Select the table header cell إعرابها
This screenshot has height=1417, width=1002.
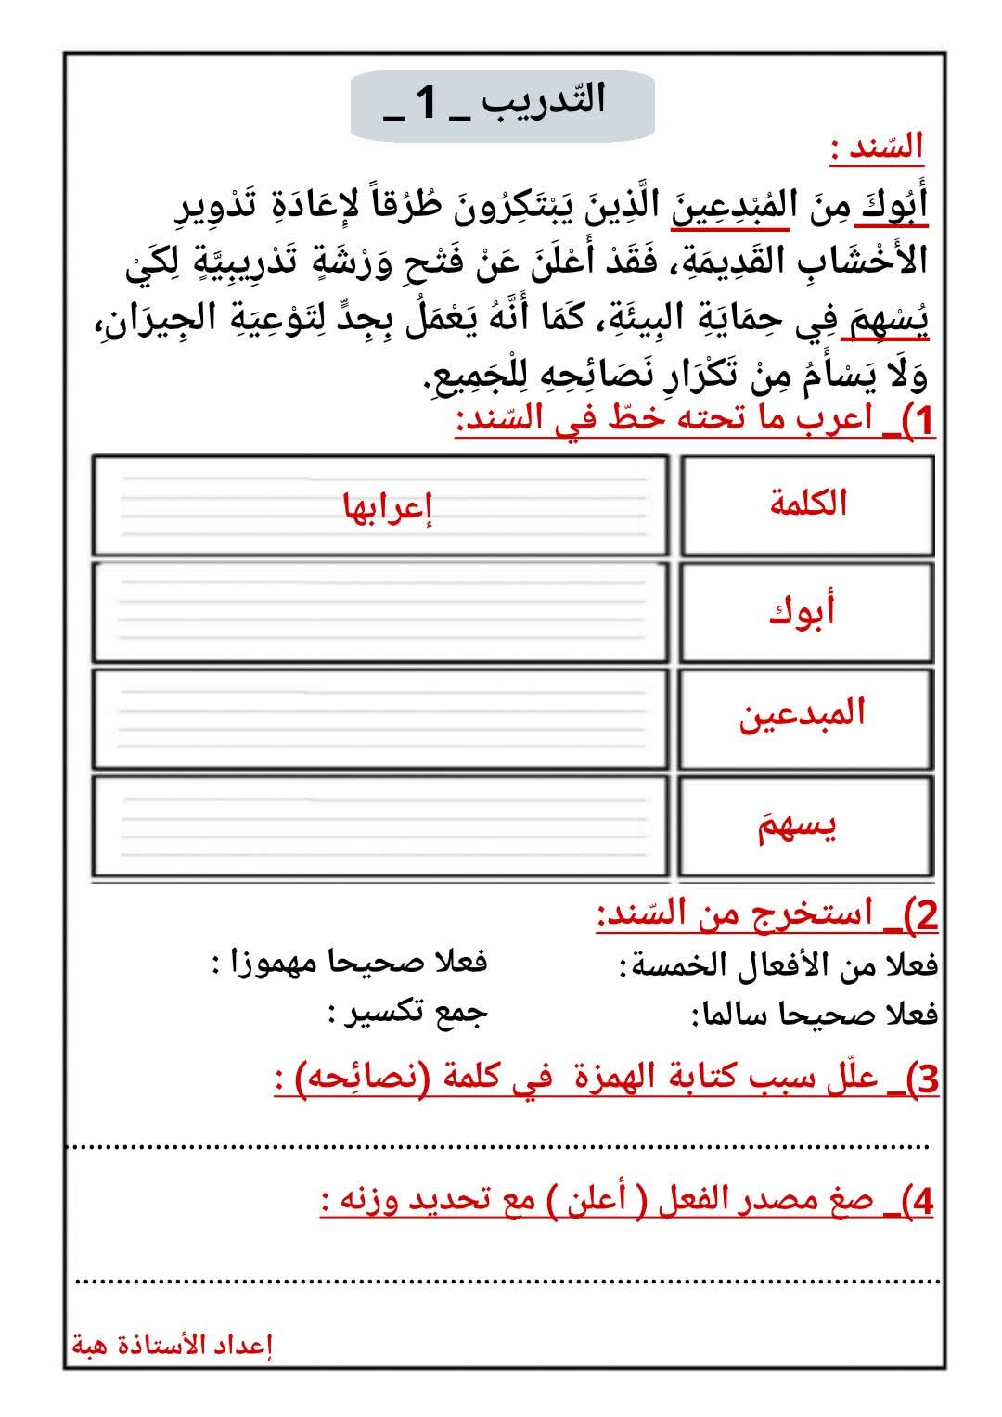389,508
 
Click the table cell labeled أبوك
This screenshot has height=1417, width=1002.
807,611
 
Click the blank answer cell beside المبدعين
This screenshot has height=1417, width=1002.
380,719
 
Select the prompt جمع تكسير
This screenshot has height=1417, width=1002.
407,1013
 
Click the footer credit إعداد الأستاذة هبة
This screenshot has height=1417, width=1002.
173,1345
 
